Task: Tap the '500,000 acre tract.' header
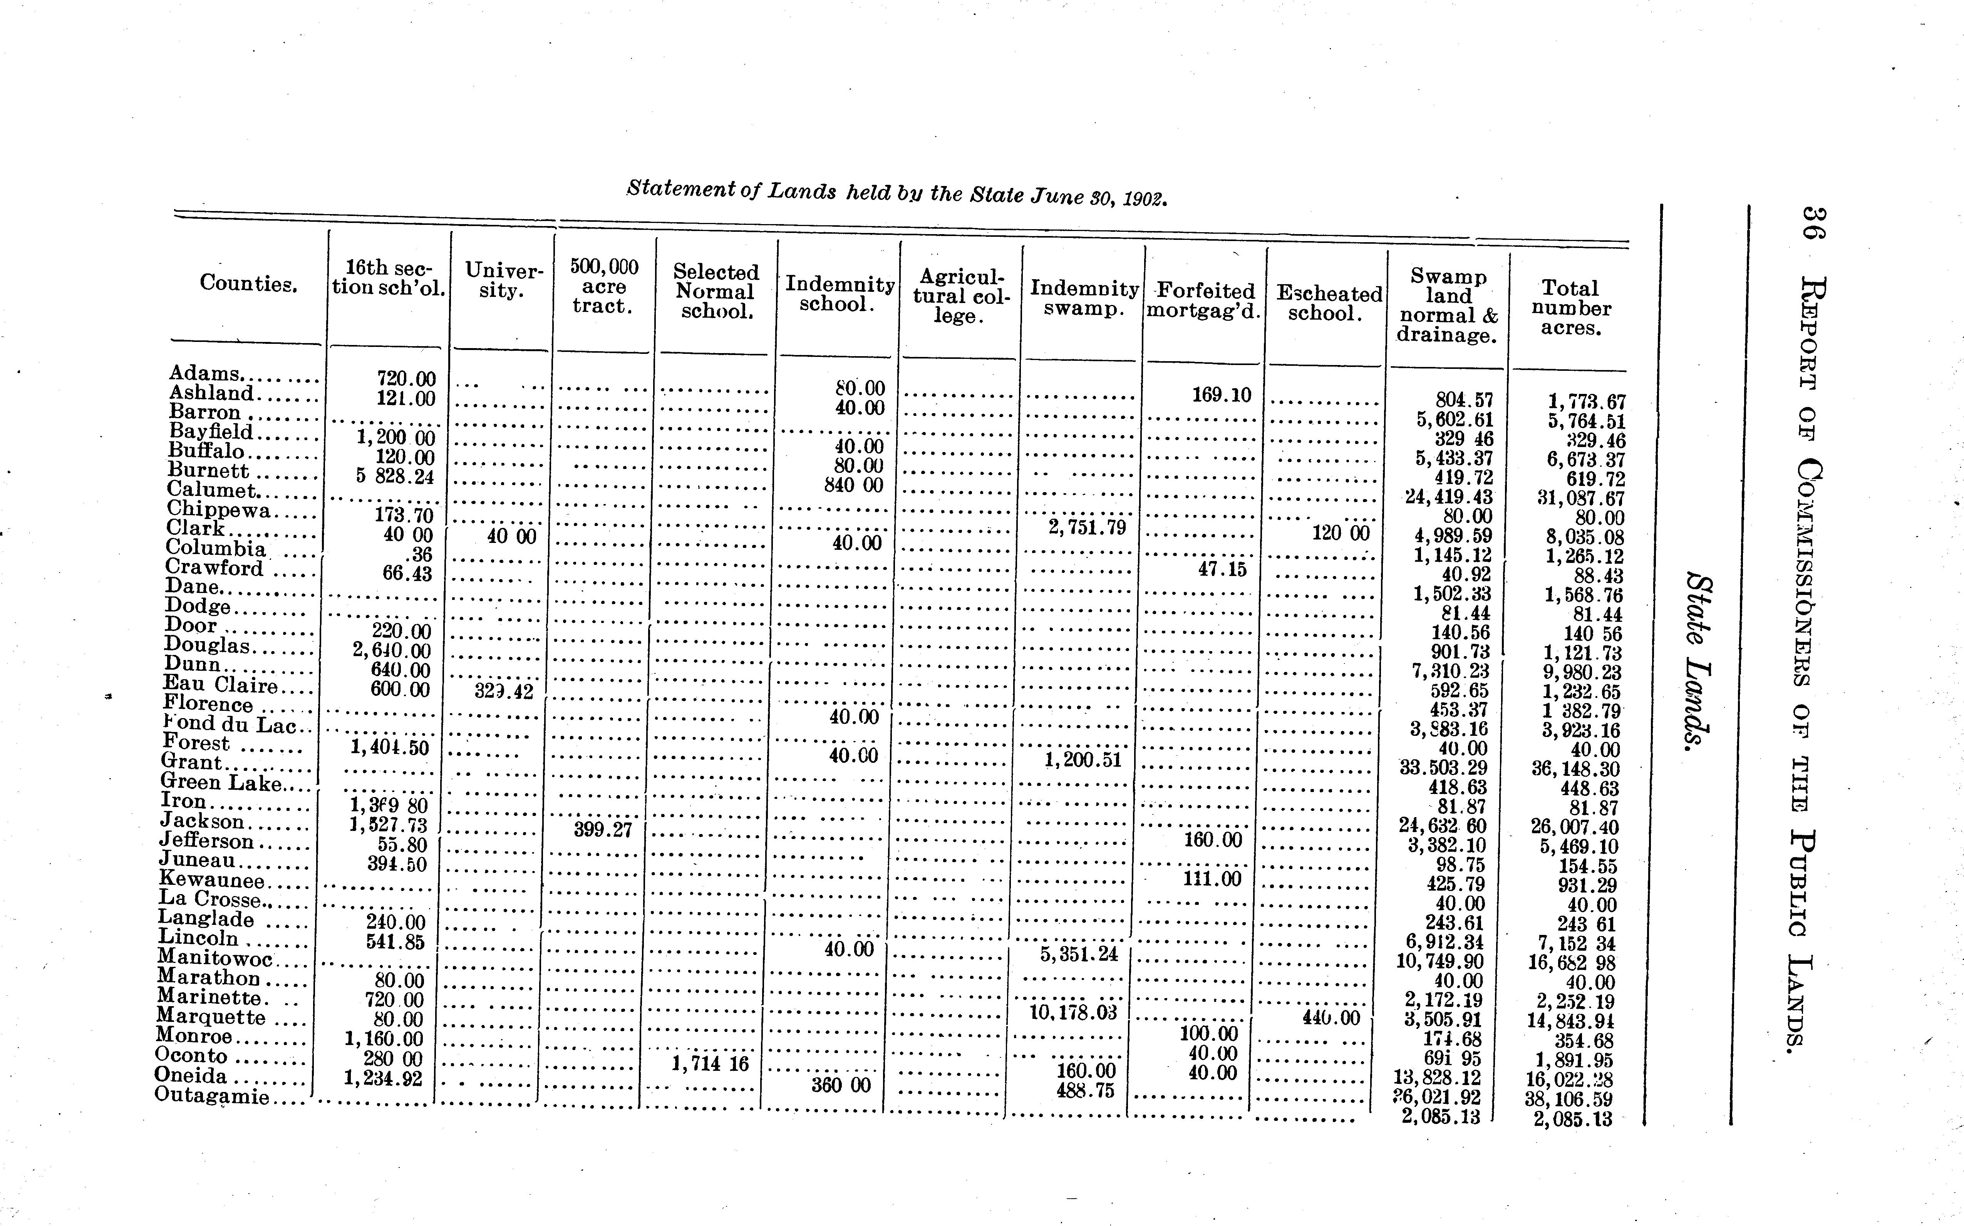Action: coord(603,286)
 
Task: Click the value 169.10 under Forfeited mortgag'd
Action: coord(1221,395)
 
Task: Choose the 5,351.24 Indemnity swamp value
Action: coord(1079,955)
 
